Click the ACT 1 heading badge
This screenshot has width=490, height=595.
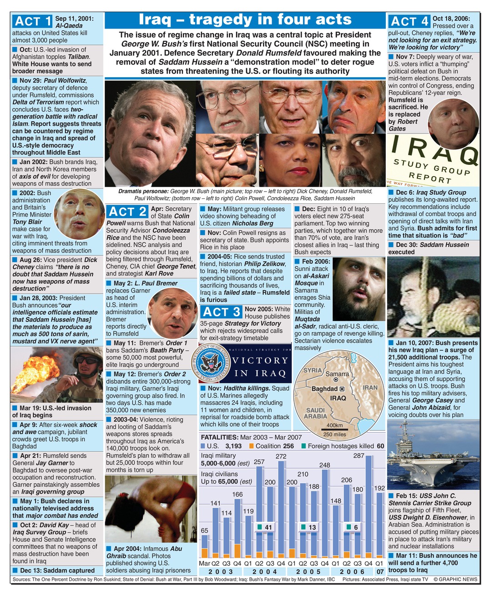pos(33,21)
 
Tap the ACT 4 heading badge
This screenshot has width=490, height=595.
pos(409,21)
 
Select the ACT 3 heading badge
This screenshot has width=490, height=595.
pos(221,312)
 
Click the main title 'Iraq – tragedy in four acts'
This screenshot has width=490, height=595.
pos(245,20)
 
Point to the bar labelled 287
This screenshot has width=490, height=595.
pos(368,504)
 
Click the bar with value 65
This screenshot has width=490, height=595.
pos(205,545)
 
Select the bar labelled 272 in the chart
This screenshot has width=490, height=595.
pos(281,509)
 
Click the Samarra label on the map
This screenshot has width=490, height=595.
pos(337,374)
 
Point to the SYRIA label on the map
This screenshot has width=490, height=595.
pos(313,370)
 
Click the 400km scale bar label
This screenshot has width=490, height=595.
pos(334,426)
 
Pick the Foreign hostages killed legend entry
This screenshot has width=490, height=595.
pos(342,446)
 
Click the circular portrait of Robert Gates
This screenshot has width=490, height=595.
pos(453,123)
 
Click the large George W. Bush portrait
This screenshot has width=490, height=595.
pos(150,134)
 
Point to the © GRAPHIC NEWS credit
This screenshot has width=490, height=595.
pos(455,579)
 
